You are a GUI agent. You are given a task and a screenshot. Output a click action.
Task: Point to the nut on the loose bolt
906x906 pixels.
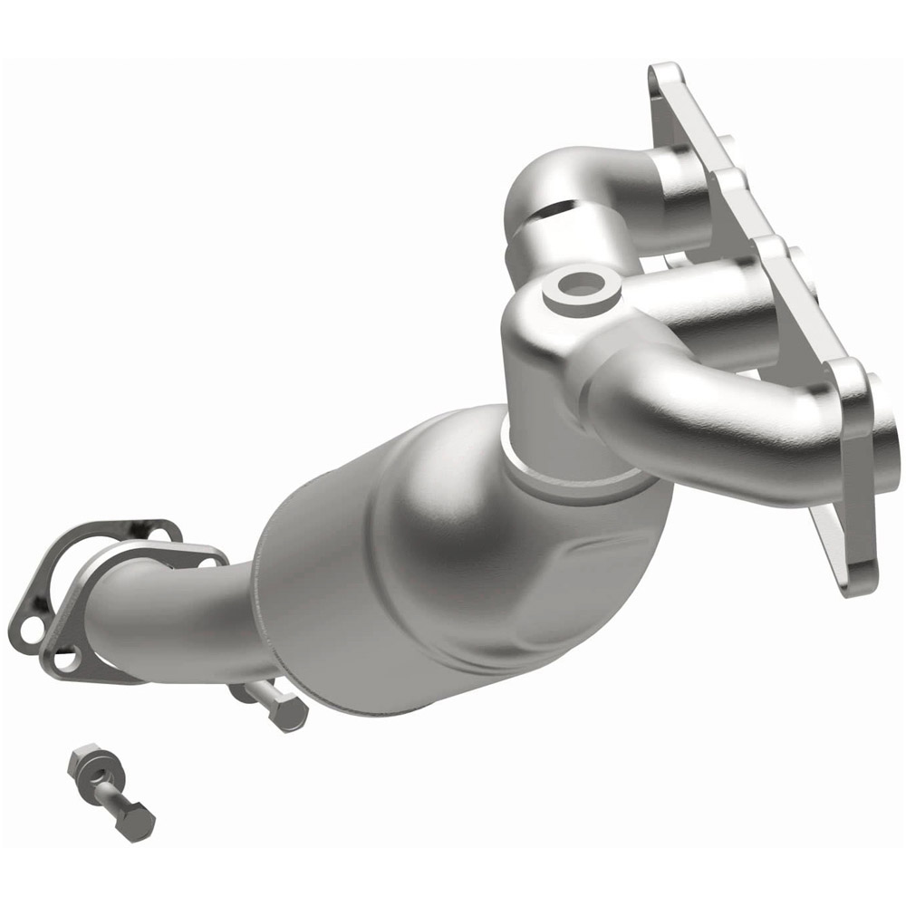[83, 759]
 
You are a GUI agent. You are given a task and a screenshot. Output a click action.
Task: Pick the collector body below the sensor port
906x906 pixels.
[544, 371]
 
